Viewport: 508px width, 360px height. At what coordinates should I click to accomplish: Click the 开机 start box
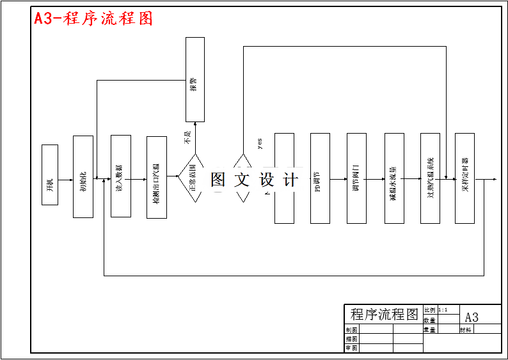pos(50,175)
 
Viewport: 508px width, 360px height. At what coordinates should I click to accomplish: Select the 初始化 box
pos(83,176)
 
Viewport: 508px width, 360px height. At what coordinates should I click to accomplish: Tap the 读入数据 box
pos(120,176)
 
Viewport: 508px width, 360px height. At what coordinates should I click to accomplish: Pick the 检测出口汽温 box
pos(156,177)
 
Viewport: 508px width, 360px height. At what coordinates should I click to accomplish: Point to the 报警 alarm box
pos(195,79)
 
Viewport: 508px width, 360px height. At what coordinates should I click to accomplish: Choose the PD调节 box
pos(320,178)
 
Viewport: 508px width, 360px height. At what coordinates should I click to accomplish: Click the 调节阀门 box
pos(356,178)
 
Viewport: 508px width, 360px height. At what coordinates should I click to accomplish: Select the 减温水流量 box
pos(394,178)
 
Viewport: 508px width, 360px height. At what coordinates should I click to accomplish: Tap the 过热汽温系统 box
pos(430,178)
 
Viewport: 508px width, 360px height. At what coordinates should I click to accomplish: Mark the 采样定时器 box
pos(464,178)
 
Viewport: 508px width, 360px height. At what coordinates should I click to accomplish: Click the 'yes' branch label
pos(260,143)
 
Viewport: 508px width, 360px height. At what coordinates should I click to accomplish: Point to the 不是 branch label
pos(187,137)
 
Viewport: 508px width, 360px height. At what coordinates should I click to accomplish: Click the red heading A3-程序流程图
pos(93,19)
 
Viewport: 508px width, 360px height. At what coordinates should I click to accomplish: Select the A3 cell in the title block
pos(472,317)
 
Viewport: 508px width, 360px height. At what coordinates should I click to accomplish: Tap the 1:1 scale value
pos(443,310)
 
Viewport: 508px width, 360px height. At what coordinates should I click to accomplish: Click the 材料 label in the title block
pos(465,330)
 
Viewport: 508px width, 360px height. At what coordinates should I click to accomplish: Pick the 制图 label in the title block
pos(351,330)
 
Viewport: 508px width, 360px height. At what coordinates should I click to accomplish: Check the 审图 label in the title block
pos(351,348)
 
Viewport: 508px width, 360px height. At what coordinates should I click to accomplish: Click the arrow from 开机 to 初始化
pos(66,179)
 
